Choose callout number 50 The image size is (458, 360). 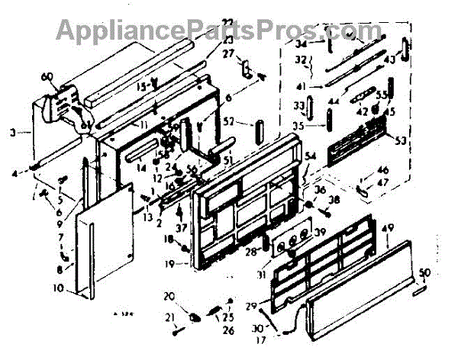[425, 272]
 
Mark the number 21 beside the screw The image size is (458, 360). [169, 317]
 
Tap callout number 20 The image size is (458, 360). [169, 295]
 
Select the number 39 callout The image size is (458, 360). [320, 233]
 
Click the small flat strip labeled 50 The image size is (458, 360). [421, 291]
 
